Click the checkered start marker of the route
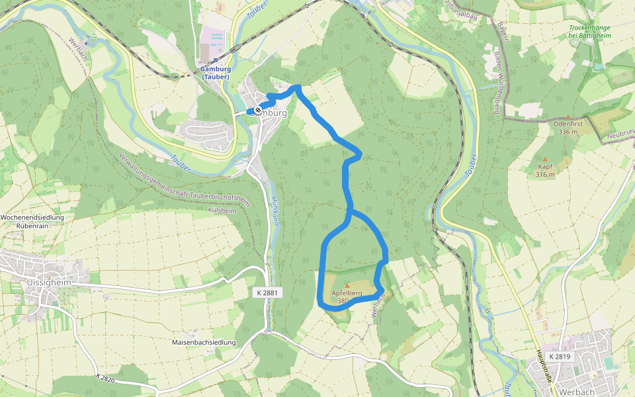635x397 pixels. click(257, 110)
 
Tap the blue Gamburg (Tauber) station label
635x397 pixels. click(215, 73)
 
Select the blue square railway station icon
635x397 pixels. click(216, 60)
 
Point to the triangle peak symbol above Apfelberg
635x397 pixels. click(346, 285)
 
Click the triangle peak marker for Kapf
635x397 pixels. click(546, 159)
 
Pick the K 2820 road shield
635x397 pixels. click(106, 378)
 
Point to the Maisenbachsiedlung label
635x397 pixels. click(204, 342)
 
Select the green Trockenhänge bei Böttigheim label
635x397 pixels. click(591, 31)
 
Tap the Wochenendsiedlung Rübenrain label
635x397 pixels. click(32, 221)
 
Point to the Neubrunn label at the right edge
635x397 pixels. click(621, 135)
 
